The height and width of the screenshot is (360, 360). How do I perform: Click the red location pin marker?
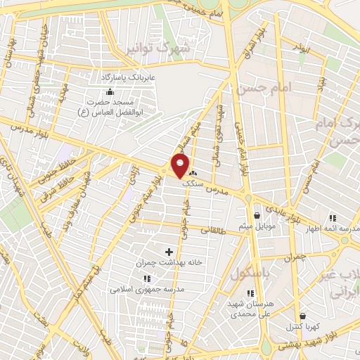pos(180,166)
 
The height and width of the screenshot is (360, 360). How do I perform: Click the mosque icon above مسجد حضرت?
pos(109,91)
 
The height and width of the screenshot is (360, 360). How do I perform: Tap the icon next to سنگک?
pos(193,172)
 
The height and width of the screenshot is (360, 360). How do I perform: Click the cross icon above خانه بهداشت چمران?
pos(169,251)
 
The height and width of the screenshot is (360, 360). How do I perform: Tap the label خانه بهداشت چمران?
pos(169,262)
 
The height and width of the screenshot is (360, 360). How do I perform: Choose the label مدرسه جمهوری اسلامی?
pos(146,289)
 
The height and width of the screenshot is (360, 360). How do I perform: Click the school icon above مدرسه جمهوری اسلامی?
pos(147,278)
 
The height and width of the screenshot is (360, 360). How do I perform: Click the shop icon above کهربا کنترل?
pos(302,316)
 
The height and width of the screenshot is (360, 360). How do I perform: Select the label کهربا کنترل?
pos(302,327)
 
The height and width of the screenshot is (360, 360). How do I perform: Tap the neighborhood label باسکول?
pos(250,272)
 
